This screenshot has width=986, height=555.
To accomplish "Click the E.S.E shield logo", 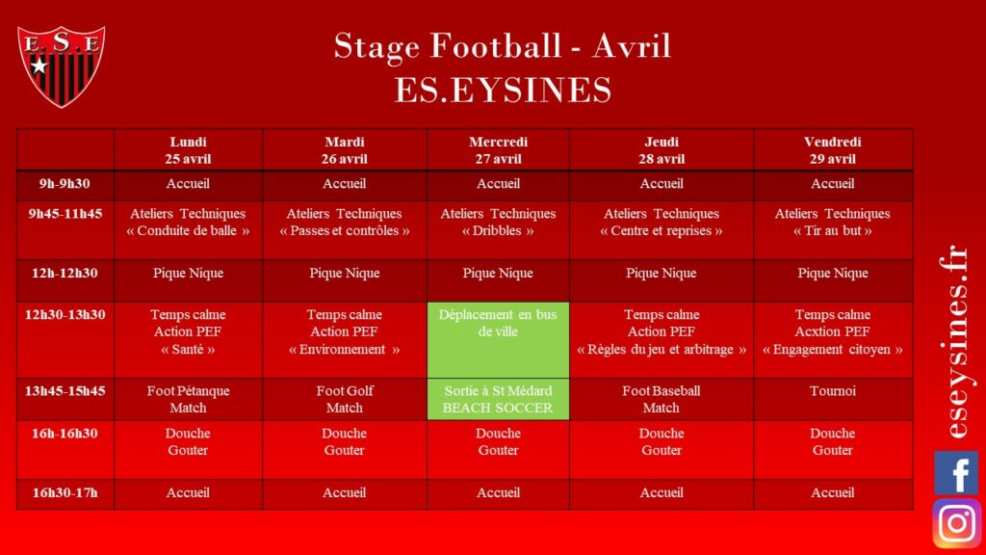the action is [61, 66].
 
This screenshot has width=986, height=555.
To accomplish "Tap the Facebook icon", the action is [956, 472].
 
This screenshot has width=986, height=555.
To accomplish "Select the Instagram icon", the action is [956, 523].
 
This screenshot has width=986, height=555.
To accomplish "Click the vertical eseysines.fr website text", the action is [955, 341].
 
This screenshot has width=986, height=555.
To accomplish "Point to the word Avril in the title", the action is [632, 46].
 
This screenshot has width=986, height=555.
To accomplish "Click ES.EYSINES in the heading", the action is [503, 90].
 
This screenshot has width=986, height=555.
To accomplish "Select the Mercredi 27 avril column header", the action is [498, 149].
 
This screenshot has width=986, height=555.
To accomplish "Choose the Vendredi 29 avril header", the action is [833, 149].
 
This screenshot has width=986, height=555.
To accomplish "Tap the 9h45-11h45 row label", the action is [65, 213].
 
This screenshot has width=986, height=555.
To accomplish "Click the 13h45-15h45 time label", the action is [65, 391].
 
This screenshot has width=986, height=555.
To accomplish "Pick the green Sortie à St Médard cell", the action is [498, 399].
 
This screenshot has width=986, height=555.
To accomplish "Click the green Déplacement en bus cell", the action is [498, 340].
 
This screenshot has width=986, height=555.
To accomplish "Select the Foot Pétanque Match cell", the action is [188, 399].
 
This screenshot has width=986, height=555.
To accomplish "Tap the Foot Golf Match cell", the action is [345, 399].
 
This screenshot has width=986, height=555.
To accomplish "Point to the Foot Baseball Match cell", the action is [662, 399].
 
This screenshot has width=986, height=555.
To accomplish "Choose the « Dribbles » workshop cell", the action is [498, 229].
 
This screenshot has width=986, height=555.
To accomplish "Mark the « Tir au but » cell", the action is [833, 229].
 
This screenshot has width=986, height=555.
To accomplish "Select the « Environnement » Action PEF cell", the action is [345, 340].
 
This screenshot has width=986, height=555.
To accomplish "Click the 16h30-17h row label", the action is [65, 492].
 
